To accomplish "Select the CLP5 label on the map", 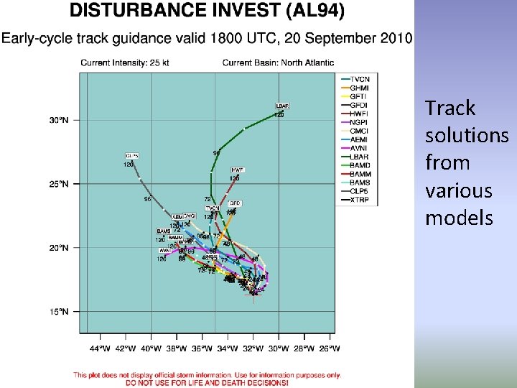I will (x=131, y=155).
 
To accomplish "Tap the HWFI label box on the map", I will (x=237, y=170).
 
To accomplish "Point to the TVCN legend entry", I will (x=360, y=79).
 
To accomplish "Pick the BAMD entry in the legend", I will (x=360, y=165).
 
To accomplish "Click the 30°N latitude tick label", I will (x=59, y=120).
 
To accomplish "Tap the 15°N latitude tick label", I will (x=59, y=312).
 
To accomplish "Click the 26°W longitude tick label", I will (x=329, y=348).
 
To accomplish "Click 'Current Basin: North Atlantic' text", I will (x=278, y=63).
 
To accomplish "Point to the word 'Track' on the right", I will (x=450, y=108).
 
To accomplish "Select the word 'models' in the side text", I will (x=459, y=218).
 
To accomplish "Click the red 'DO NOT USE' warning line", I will (x=207, y=382).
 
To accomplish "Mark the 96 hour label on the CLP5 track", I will (x=147, y=199).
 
